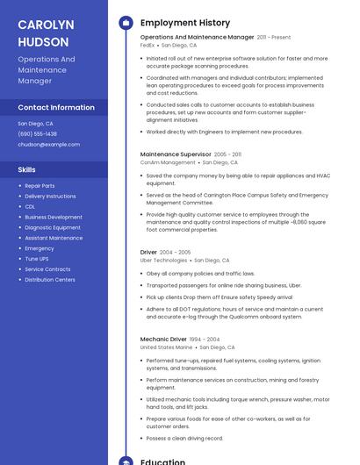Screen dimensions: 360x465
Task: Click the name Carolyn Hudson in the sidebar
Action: tap(46, 32)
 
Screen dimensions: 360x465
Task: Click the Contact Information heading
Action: tap(56, 107)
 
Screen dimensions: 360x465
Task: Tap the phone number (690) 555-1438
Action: tap(37, 134)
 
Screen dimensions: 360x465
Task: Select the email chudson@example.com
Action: tap(48, 145)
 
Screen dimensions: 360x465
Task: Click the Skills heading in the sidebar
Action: tap(26, 169)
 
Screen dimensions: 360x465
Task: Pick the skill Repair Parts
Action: tap(40, 186)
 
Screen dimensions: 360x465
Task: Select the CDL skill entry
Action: tap(30, 207)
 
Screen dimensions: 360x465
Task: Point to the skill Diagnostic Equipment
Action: tap(53, 228)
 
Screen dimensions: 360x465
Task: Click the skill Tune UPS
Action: tap(37, 259)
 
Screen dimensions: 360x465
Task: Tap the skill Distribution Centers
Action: tap(50, 280)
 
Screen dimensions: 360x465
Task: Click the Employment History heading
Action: tap(185, 23)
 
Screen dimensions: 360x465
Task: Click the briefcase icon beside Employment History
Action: tap(126, 23)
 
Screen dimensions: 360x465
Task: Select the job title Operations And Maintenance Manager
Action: tap(197, 38)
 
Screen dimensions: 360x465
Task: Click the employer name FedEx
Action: tap(148, 45)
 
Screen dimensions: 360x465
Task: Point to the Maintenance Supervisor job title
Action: tap(176, 154)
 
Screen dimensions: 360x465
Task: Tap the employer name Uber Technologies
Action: tap(163, 261)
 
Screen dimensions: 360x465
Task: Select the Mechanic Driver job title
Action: tap(163, 339)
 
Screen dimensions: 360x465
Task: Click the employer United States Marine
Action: tap(166, 347)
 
